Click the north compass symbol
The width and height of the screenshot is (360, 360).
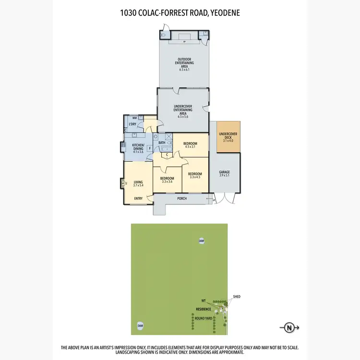coord(289,328)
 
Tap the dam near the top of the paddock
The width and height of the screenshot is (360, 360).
coord(202,240)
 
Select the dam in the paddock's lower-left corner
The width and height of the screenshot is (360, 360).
coord(140,325)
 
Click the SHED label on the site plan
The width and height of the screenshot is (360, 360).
coord(236,297)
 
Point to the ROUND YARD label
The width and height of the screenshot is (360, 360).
coord(203,318)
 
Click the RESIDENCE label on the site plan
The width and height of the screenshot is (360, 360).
coord(203,309)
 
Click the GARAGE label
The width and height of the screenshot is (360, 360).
coord(225,172)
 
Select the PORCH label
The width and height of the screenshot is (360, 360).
coord(182,198)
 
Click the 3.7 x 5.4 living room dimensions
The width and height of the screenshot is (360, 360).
coord(139,185)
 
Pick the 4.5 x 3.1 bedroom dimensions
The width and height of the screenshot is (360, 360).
coord(190,146)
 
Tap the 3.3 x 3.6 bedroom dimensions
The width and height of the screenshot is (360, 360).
coord(167,182)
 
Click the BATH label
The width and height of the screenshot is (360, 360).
coord(162,143)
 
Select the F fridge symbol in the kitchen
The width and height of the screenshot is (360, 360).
coord(150,149)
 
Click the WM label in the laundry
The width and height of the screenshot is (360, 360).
coord(134,118)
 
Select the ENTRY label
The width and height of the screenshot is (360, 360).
coord(138,199)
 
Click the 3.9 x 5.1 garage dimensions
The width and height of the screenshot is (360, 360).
coord(225,176)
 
